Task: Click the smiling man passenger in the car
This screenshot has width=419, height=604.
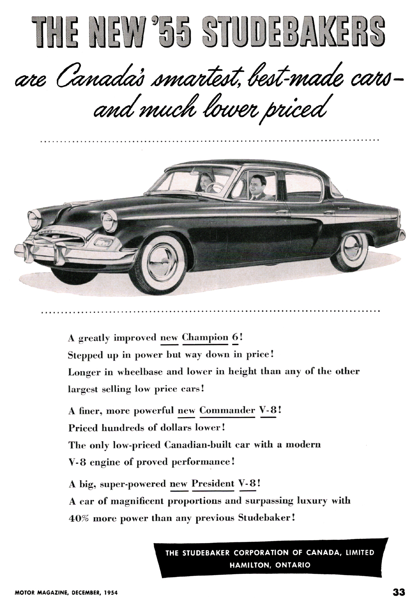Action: click(255, 187)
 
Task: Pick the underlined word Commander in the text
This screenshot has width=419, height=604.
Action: click(227, 410)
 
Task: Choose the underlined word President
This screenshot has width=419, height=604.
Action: click(213, 483)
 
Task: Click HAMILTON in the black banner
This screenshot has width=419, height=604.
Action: click(250, 565)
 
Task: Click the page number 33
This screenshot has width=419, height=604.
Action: click(398, 592)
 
